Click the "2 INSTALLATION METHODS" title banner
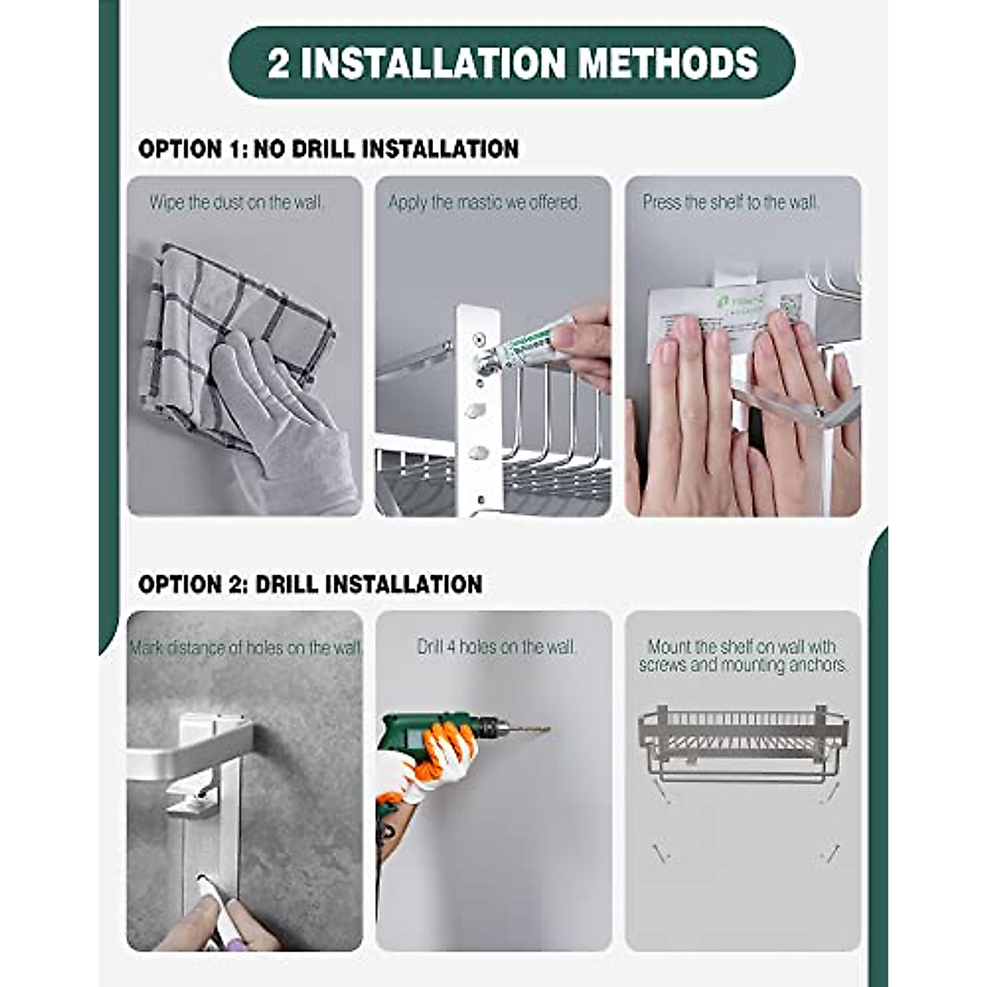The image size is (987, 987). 512,63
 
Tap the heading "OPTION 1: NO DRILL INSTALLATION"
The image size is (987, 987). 328,149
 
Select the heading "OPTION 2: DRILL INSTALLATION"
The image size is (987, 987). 310,584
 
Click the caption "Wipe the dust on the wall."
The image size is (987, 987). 237,202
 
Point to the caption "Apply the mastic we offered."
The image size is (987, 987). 484,202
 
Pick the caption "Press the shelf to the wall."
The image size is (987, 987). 730,202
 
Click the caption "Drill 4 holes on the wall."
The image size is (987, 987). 497,647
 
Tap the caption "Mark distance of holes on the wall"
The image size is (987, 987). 245,648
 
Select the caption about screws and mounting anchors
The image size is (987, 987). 743,656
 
